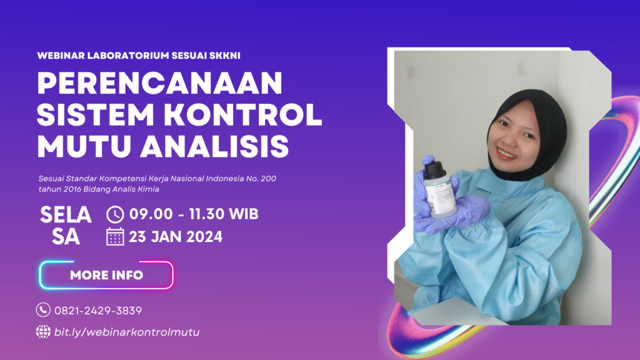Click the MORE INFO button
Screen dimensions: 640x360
(106, 275)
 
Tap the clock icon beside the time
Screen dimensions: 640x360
(115, 214)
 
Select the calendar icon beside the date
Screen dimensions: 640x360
(115, 237)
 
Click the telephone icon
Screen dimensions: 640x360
(43, 310)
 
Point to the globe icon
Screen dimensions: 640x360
(43, 331)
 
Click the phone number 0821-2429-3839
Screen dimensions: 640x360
(98, 311)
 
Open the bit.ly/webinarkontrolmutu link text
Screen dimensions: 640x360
(127, 332)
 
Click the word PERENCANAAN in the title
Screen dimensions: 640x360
(159, 83)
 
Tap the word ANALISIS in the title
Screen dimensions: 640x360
(215, 146)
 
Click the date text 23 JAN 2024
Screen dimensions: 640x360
(176, 237)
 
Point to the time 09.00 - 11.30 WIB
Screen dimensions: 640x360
(194, 214)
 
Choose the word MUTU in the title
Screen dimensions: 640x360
(84, 146)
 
